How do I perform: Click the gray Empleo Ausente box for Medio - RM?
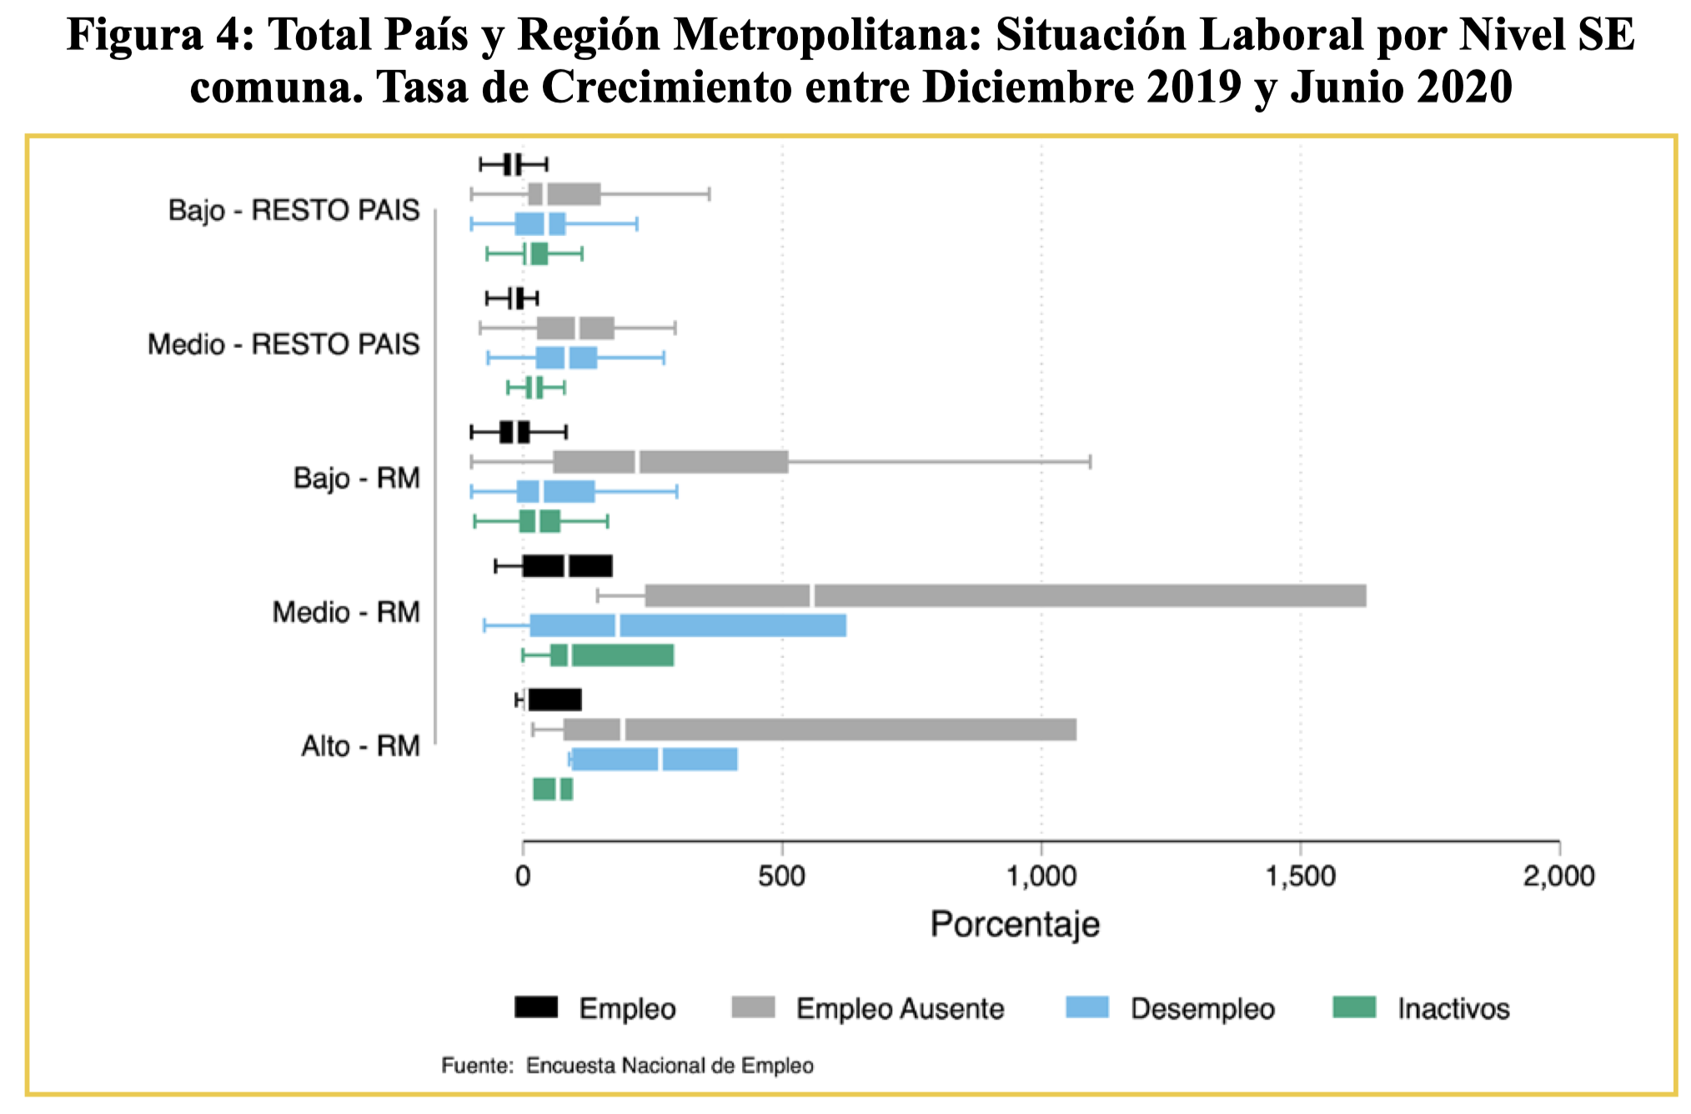pyautogui.click(x=1005, y=596)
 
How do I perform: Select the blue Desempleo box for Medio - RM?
pyautogui.click(x=688, y=625)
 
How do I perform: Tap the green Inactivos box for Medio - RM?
pyautogui.click(x=611, y=655)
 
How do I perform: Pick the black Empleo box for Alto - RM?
pyautogui.click(x=554, y=700)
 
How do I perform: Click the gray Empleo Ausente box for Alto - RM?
pyautogui.click(x=820, y=730)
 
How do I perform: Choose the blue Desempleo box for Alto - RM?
pyautogui.click(x=655, y=760)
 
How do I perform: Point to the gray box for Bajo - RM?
pyautogui.click(x=670, y=462)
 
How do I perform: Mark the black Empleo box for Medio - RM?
pyautogui.click(x=567, y=566)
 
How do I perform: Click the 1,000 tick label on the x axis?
pyautogui.click(x=1041, y=876)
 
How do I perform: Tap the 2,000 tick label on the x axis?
pyautogui.click(x=1559, y=876)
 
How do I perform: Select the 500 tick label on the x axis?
pyautogui.click(x=782, y=876)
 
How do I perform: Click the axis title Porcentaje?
pyautogui.click(x=1015, y=925)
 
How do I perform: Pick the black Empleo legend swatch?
pyautogui.click(x=536, y=1007)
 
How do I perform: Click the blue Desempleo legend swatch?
pyautogui.click(x=1087, y=1007)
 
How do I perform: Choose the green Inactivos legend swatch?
pyautogui.click(x=1354, y=1007)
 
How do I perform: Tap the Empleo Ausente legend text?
pyautogui.click(x=900, y=1009)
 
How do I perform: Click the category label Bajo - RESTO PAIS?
pyautogui.click(x=294, y=210)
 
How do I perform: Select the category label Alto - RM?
pyautogui.click(x=360, y=746)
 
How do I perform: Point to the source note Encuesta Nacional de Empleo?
pyautogui.click(x=670, y=1066)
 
